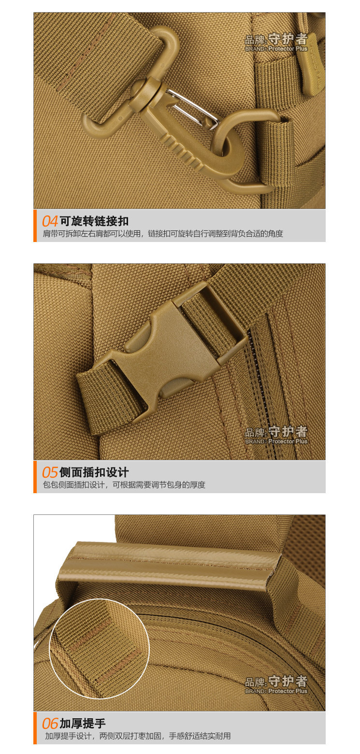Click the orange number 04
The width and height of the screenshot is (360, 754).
point(50,221)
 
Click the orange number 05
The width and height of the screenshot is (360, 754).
point(50,472)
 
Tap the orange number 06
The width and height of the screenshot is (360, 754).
point(50,724)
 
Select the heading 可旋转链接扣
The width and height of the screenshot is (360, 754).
point(94,221)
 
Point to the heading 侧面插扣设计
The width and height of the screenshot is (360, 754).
point(94,472)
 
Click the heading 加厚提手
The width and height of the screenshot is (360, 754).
point(83,724)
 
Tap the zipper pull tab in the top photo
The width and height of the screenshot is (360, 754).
point(312,67)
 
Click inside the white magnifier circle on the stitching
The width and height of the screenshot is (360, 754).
point(100,648)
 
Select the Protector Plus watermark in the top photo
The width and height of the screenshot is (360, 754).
point(276,43)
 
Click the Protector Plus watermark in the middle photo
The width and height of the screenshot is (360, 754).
point(276,435)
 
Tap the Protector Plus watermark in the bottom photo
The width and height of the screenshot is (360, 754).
point(276,685)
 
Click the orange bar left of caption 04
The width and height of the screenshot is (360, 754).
point(35,226)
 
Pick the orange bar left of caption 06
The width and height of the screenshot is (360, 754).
point(35,728)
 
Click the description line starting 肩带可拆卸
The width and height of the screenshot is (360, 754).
point(163,234)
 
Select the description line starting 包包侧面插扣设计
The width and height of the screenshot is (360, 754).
point(124,485)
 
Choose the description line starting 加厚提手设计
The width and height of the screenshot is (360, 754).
point(138,736)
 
